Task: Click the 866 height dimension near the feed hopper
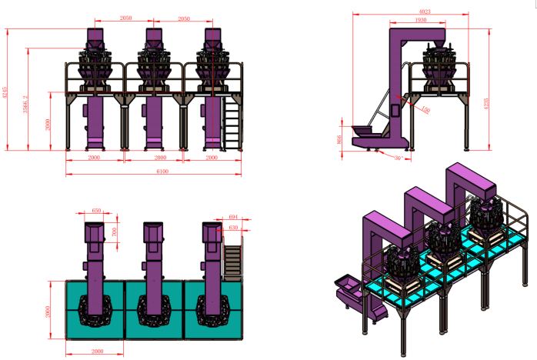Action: point(340,139)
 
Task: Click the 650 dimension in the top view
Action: point(96,210)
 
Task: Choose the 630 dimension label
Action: point(233,228)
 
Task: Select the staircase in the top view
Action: point(231,259)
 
